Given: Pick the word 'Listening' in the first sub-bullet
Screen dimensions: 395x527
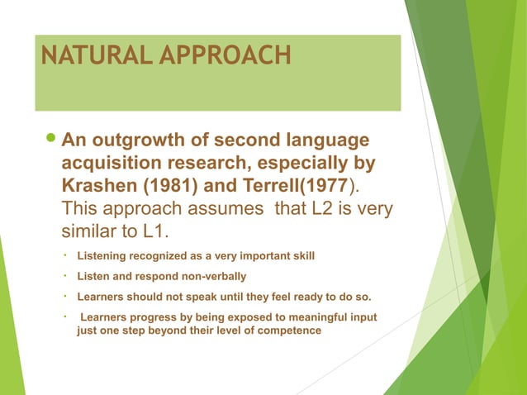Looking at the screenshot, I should (103, 256).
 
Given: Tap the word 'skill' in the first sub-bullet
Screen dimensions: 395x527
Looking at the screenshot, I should (301, 256).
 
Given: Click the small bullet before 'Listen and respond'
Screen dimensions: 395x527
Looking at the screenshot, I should (64, 275).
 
